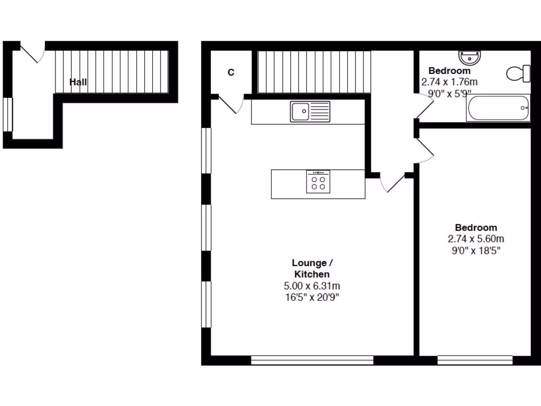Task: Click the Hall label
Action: point(78,82)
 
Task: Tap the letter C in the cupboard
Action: point(231,72)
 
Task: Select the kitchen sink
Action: point(310,112)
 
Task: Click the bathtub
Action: point(498,108)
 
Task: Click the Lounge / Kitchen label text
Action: point(312,269)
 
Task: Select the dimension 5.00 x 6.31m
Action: point(312,286)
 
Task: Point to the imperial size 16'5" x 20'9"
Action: point(312,297)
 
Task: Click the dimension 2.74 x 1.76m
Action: point(449,82)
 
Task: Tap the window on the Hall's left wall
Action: point(7,114)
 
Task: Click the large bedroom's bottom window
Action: point(475,360)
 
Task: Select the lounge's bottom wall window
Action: point(312,360)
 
